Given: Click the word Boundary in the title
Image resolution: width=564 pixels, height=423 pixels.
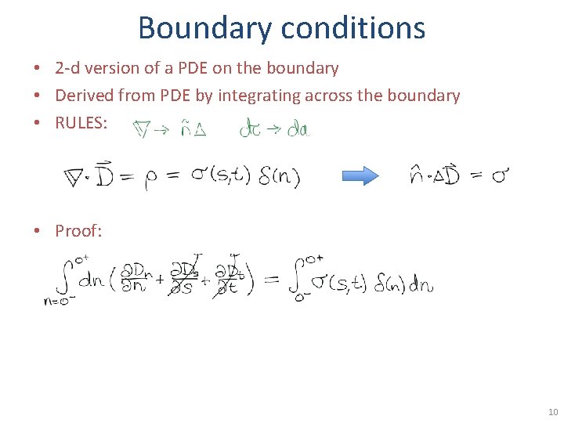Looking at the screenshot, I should pos(204,27).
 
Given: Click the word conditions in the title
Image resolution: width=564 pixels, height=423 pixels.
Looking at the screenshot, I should pos(353,27).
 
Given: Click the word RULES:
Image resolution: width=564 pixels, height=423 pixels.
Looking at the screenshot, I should pos(81,122).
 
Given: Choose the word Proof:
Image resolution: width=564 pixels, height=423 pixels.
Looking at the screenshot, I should pos(79,230).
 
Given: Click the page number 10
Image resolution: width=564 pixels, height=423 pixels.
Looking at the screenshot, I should pos(552,411).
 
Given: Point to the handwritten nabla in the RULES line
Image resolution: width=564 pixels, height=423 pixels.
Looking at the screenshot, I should pos(141,129).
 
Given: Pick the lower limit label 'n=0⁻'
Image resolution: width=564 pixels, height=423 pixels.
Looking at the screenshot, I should pos(59,301).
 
